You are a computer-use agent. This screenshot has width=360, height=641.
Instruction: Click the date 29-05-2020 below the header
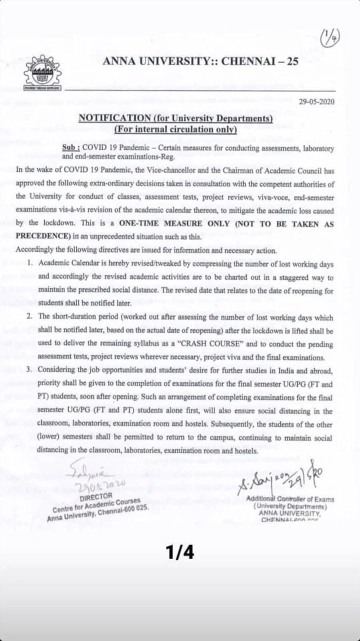pyautogui.click(x=316, y=101)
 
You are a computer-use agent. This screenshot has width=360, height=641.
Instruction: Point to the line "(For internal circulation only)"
pyautogui.click(x=175, y=130)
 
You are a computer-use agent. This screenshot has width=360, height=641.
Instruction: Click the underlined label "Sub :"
pyautogui.click(x=71, y=148)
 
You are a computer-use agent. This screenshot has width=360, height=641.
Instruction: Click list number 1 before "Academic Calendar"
pyautogui.click(x=30, y=263)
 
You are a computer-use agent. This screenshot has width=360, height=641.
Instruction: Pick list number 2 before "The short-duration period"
pyautogui.click(x=30, y=316)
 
